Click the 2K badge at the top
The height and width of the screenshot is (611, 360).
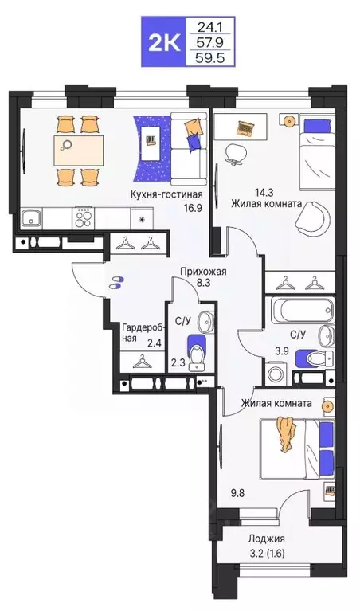click(x=162, y=39)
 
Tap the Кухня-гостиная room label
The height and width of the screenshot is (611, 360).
click(x=168, y=194)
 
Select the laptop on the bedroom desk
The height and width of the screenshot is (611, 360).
click(x=244, y=126)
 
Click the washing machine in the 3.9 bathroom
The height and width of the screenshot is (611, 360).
click(x=277, y=373)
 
